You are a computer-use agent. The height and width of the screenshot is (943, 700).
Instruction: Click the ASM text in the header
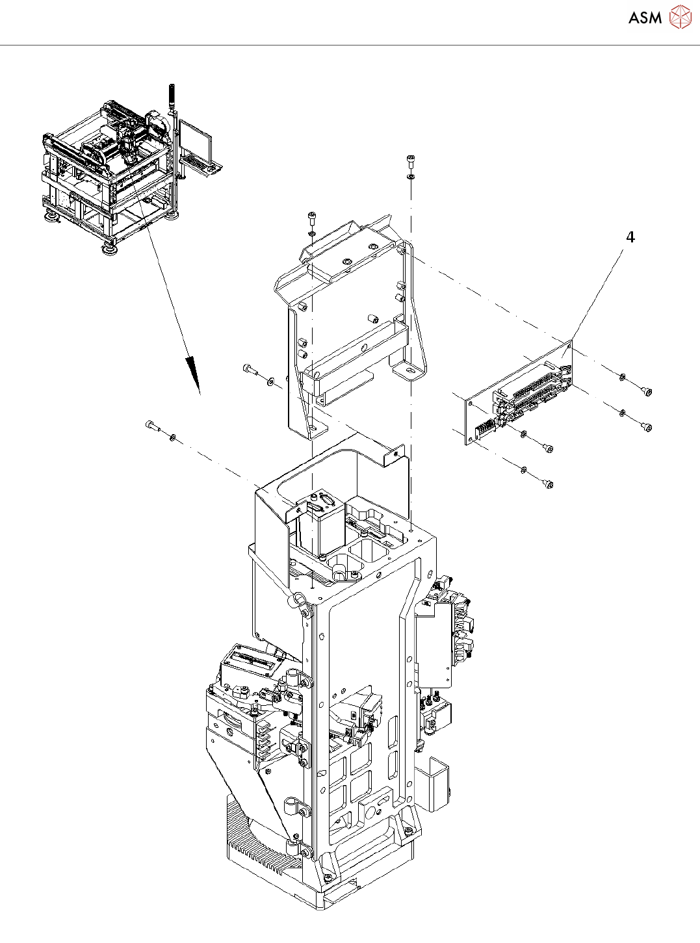(x=645, y=18)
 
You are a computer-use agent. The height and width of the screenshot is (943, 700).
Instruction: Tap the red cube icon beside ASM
(x=680, y=18)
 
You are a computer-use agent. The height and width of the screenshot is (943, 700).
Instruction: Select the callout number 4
(x=630, y=237)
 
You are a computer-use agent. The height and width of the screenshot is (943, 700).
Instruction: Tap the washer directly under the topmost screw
(x=411, y=175)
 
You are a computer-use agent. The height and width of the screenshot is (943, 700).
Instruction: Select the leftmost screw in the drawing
(x=152, y=426)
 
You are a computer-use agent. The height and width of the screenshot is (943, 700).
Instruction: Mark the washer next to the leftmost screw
(x=172, y=437)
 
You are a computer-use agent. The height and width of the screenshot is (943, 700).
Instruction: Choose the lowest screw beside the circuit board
(x=548, y=483)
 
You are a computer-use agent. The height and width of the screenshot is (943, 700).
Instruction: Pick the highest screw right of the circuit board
(x=646, y=391)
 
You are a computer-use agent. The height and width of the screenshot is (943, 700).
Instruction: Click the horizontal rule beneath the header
(x=350, y=45)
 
